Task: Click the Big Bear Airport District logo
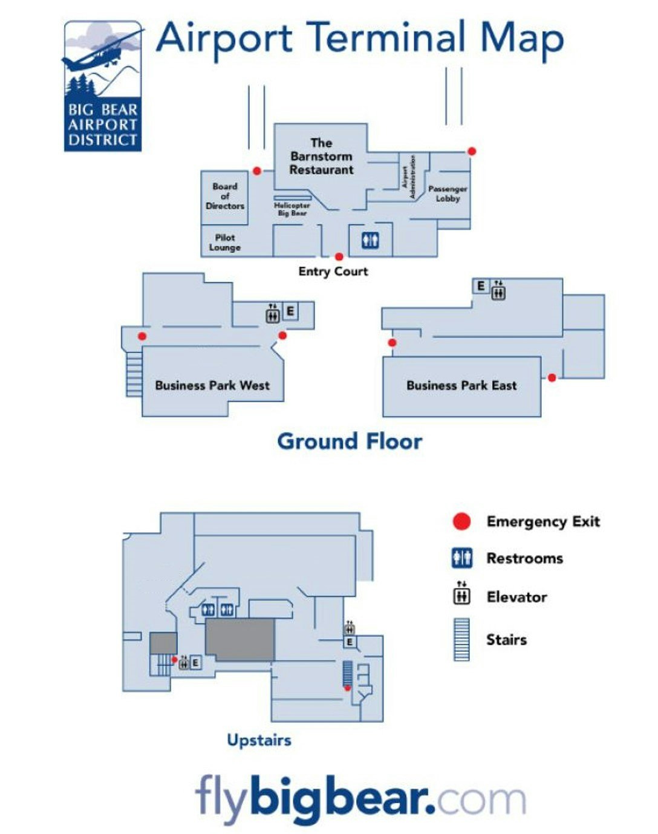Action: click(103, 86)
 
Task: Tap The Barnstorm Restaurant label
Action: click(321, 157)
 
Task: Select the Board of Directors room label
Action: click(225, 196)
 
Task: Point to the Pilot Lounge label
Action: click(225, 243)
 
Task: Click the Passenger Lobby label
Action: click(448, 194)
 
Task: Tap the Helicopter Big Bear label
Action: click(292, 209)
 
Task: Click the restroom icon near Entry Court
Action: click(370, 241)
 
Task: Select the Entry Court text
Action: click(333, 272)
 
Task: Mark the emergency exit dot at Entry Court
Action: click(339, 257)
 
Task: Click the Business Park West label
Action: click(212, 385)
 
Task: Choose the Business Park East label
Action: click(461, 385)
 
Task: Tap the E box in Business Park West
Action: click(290, 311)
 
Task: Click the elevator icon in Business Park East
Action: click(498, 291)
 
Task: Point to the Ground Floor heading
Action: click(350, 441)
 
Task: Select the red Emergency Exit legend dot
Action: click(462, 521)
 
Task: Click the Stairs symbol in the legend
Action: click(461, 639)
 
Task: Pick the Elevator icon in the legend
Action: click(462, 595)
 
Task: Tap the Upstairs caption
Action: click(259, 740)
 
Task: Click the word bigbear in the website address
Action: click(342, 798)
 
